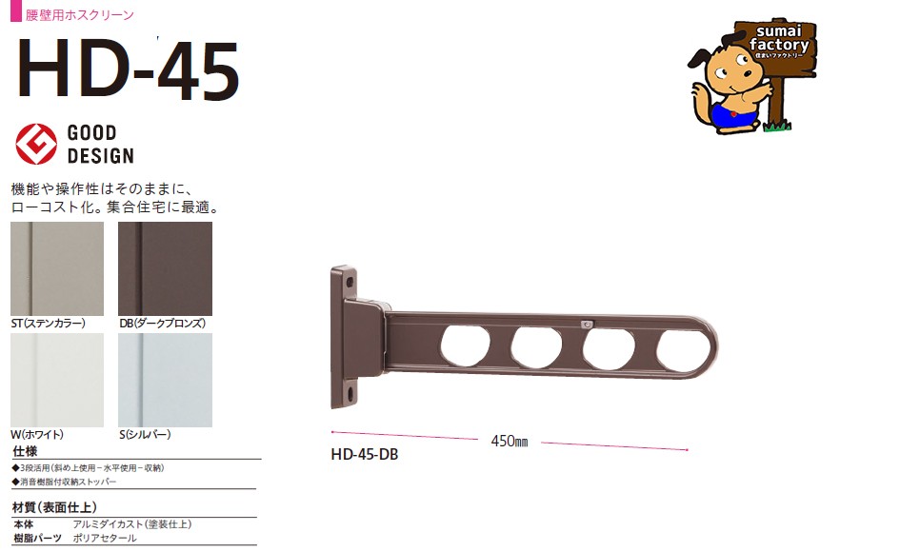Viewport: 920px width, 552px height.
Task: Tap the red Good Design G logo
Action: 36,144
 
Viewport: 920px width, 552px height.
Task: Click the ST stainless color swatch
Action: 57,268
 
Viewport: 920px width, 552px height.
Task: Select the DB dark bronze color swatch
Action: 166,268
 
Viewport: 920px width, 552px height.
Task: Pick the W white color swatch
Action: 57,380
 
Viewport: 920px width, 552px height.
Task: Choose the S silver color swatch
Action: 166,380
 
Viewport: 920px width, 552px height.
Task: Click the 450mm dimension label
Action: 510,442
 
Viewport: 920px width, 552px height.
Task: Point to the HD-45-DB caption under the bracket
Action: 365,455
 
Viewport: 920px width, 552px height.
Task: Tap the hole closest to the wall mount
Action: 466,346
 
